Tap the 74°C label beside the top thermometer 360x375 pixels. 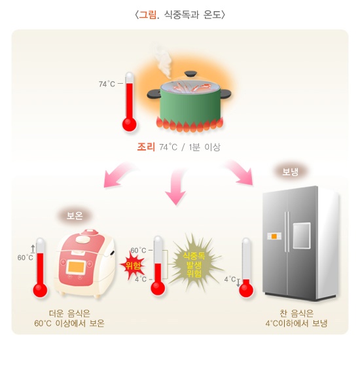[107, 84]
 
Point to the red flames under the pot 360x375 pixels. [190, 124]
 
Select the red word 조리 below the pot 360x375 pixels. [146, 147]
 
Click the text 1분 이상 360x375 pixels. [204, 147]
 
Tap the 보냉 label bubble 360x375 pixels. [290, 171]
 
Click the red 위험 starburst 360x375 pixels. [134, 264]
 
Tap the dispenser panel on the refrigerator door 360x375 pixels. [301, 234]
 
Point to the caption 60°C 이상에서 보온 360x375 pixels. [69, 323]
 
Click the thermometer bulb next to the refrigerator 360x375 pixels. [246, 289]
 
